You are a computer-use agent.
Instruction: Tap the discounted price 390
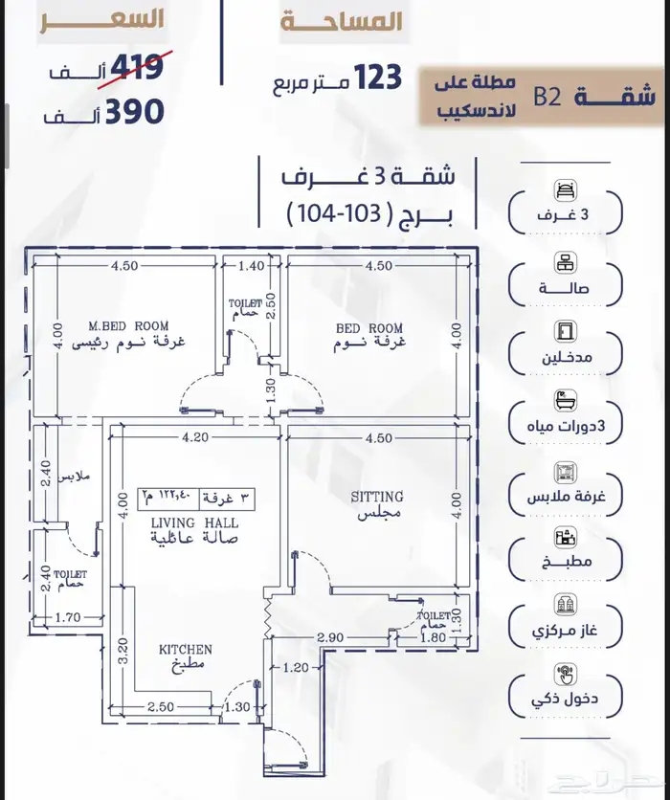[x=135, y=112]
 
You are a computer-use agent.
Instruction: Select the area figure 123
[x=378, y=78]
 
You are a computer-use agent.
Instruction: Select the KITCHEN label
[x=185, y=650]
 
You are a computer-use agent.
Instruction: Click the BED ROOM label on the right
[x=368, y=328]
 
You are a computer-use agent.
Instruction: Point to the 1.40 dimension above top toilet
[x=251, y=266]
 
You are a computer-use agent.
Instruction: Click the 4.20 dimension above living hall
[x=194, y=439]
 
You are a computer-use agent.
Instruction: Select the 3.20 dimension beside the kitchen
[x=121, y=653]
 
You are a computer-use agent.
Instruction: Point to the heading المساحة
[x=342, y=23]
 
